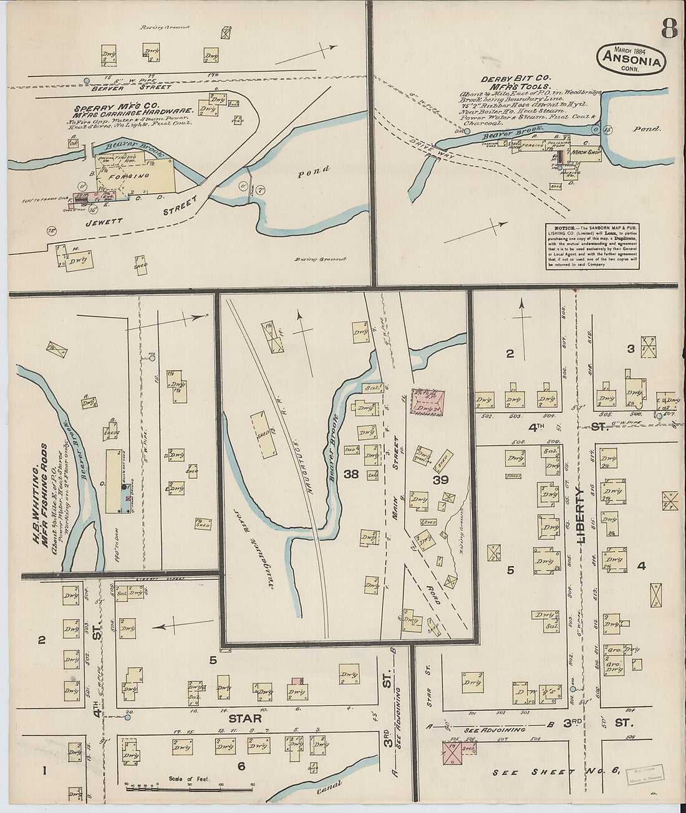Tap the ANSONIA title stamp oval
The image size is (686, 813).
point(631,59)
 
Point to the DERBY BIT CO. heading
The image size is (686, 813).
point(514,80)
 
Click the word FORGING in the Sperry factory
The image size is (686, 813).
point(137,176)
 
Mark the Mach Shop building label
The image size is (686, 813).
point(586,151)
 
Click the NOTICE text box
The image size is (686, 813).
point(593,247)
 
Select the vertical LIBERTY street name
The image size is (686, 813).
point(581,516)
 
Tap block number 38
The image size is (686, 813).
point(350,475)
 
